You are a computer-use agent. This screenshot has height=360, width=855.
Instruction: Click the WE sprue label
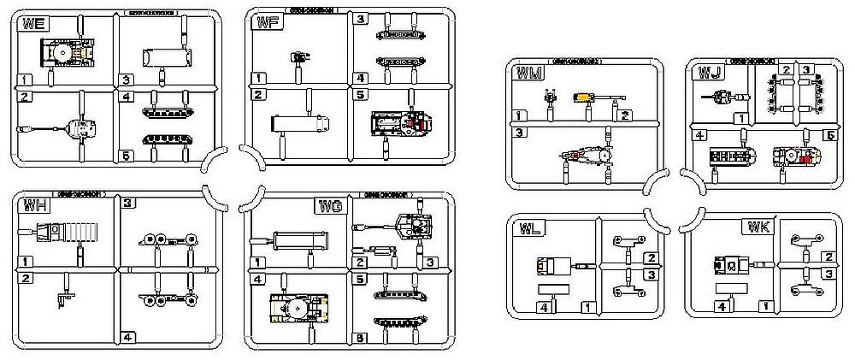pos(34,25)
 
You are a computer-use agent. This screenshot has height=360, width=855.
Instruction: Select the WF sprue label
pos(264,25)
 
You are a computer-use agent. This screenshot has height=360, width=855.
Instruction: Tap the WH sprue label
pos(34,205)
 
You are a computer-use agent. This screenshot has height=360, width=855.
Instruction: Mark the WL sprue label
pos(527,228)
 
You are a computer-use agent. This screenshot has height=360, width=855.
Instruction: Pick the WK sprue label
pos(757,228)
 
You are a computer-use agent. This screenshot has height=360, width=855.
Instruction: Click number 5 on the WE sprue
pos(126,156)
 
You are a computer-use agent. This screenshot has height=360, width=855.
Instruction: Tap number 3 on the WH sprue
pos(127,204)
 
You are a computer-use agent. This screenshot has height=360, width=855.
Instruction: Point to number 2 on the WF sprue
pos(256,94)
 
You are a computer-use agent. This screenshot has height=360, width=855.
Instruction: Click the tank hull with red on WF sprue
pos(404,124)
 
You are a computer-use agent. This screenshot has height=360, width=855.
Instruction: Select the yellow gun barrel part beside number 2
pos(587,97)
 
